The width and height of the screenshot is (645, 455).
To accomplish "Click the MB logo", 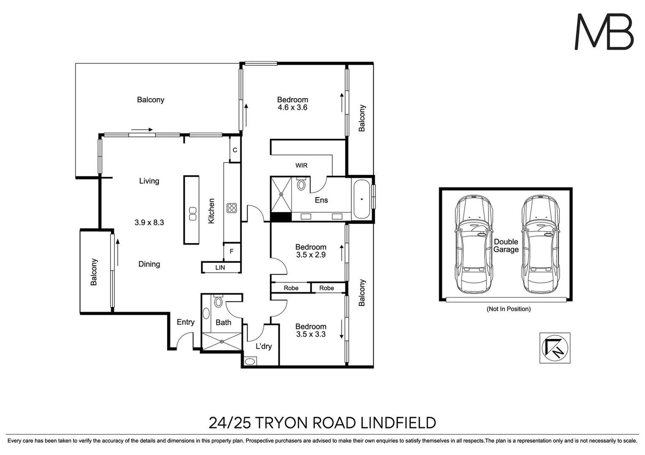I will pyautogui.click(x=604, y=32).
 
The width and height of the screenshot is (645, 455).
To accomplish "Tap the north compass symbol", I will pyautogui.click(x=555, y=348).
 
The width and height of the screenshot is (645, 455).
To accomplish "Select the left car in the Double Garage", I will pyautogui.click(x=474, y=244).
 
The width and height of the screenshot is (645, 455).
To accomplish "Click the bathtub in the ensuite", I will pyautogui.click(x=361, y=199).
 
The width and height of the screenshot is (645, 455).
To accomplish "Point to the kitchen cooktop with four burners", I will pyautogui.click(x=232, y=208).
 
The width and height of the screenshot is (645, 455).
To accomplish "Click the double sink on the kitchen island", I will pyautogui.click(x=192, y=214).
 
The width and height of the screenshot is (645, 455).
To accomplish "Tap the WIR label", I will pyautogui.click(x=301, y=166).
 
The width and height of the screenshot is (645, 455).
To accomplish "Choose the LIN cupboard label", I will pyautogui.click(x=220, y=268).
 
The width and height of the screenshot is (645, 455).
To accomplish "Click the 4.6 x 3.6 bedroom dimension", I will pyautogui.click(x=292, y=107).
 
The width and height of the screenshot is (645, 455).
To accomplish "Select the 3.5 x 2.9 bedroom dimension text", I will pyautogui.click(x=310, y=255).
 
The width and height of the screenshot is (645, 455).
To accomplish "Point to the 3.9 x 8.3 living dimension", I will pyautogui.click(x=149, y=222).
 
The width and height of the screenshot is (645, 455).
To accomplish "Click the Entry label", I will pyautogui.click(x=185, y=322).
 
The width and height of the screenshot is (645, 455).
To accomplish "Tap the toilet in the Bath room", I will pyautogui.click(x=218, y=302).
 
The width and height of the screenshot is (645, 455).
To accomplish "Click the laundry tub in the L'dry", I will pyautogui.click(x=250, y=361).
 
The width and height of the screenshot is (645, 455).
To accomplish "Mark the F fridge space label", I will pyautogui.click(x=231, y=252).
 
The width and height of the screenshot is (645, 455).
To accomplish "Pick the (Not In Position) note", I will pyautogui.click(x=508, y=309).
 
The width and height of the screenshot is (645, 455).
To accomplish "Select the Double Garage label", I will pyautogui.click(x=506, y=246).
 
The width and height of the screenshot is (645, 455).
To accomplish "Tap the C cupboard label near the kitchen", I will pyautogui.click(x=235, y=150).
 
